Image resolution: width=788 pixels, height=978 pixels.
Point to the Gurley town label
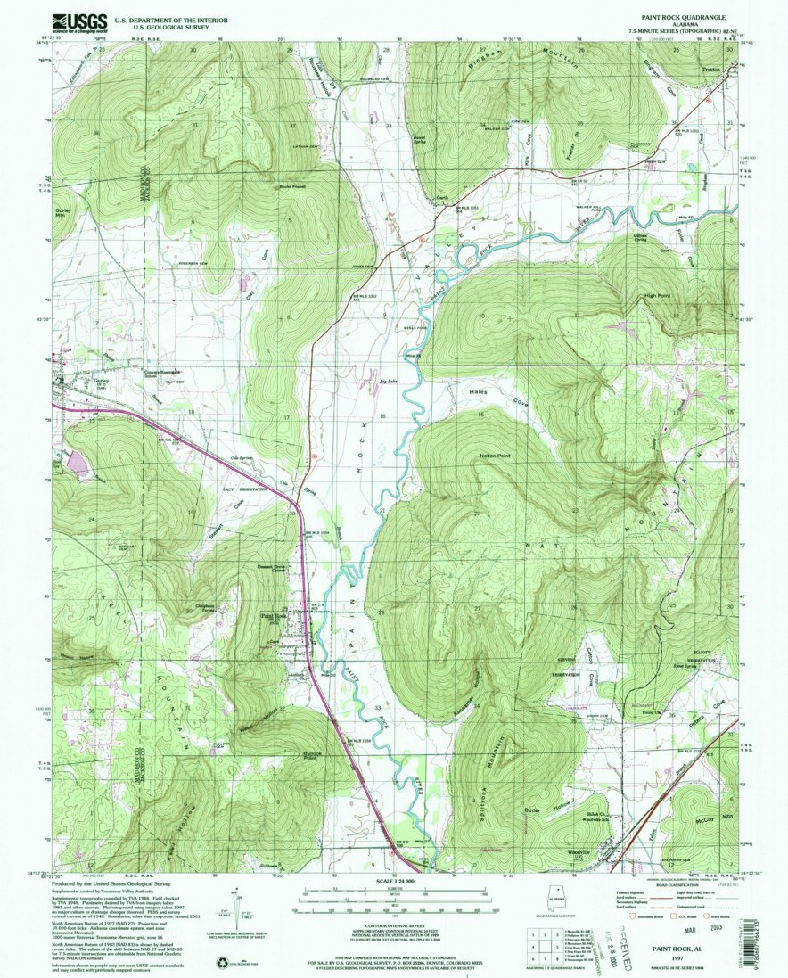tap(76, 378)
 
